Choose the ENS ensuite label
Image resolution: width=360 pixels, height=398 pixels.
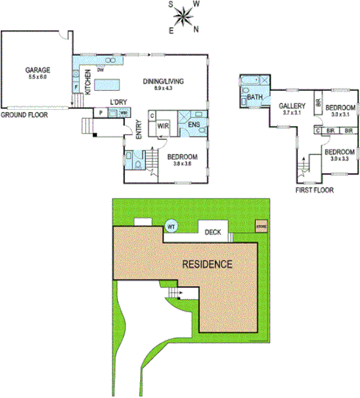click(x=193, y=125)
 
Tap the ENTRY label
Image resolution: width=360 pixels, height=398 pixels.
click(x=138, y=129)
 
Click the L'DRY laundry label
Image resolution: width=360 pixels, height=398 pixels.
click(x=119, y=101)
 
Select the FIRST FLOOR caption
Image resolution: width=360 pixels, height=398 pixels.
click(x=314, y=188)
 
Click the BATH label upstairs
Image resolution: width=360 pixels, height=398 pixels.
click(x=254, y=97)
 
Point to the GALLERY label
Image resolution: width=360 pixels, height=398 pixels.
click(x=291, y=106)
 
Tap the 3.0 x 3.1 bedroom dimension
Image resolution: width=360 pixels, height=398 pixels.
click(x=340, y=114)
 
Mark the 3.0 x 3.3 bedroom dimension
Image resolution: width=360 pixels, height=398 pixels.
click(x=340, y=159)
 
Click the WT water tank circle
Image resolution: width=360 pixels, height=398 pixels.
click(x=170, y=227)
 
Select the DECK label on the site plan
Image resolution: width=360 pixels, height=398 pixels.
click(x=213, y=232)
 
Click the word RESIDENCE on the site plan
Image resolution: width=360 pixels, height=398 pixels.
click(x=207, y=264)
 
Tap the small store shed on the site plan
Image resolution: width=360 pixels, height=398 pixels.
click(x=261, y=226)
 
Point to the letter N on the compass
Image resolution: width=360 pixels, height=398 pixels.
click(x=196, y=29)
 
